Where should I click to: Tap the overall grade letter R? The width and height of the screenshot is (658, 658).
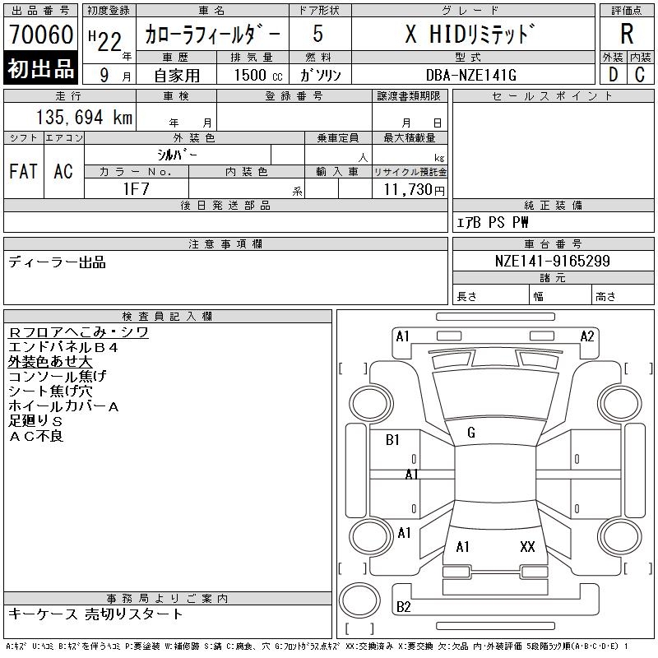[x=627, y=35]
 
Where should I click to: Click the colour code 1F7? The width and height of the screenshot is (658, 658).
[x=136, y=189]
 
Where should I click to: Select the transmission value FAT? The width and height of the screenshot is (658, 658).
[x=24, y=171]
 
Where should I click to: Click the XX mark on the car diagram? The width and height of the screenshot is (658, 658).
[x=527, y=546]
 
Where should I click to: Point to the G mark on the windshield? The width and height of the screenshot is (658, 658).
[x=471, y=433]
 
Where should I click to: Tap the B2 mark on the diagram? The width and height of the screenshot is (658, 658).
[x=403, y=607]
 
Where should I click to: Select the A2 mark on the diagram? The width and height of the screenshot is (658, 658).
[x=587, y=336]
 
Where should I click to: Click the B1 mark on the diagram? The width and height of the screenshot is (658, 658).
[x=392, y=440]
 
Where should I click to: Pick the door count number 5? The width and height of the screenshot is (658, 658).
[x=318, y=35]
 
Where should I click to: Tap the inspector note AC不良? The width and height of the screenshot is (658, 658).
[x=36, y=436]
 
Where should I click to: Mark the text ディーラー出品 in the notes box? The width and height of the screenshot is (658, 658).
[x=57, y=262]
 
